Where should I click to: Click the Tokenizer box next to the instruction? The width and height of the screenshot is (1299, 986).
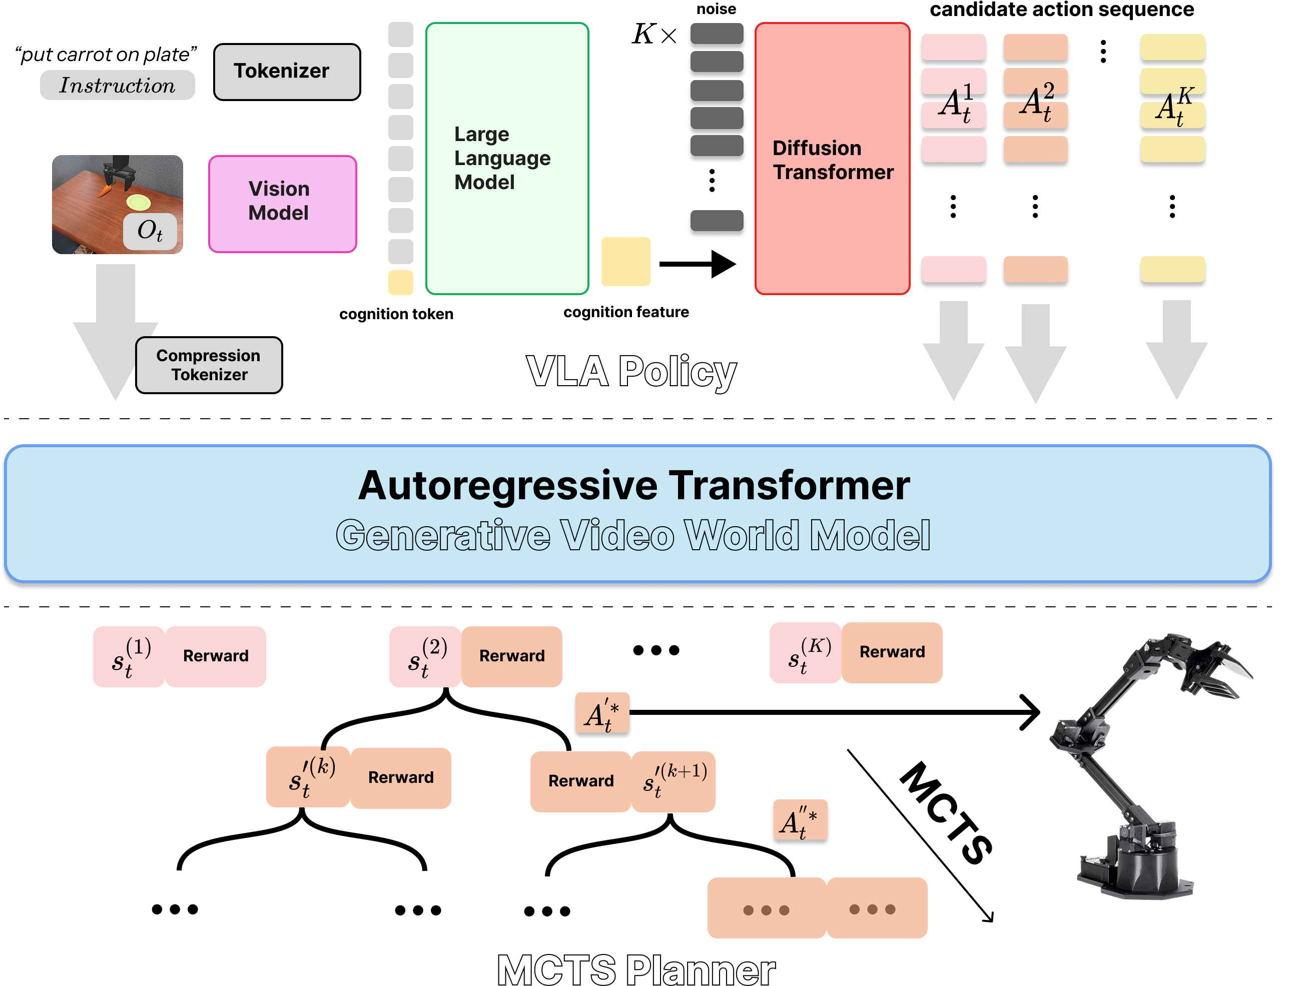pos(287,72)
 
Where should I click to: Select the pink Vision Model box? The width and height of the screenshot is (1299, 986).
pos(283,204)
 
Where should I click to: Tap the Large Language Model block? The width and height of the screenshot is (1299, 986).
pos(507,159)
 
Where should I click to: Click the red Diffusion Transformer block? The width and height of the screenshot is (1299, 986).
pos(832,159)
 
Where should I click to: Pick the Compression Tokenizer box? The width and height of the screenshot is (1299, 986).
pos(209,365)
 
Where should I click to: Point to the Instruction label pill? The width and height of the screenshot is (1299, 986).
pos(117,86)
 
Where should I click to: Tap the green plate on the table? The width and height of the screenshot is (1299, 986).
pos(139,203)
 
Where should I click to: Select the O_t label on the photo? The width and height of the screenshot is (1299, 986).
pos(150,232)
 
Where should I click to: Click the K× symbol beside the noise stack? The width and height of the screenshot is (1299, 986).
pos(654,34)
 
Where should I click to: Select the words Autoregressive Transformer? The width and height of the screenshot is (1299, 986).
pos(633,486)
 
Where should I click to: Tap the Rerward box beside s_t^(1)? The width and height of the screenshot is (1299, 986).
pos(216,656)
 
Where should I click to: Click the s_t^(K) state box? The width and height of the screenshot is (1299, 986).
pos(805,652)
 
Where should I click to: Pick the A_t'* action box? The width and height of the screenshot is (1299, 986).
pos(602,713)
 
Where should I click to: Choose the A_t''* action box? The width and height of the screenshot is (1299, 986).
pos(800,820)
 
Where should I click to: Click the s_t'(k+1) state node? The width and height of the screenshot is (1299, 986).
pos(674,781)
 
